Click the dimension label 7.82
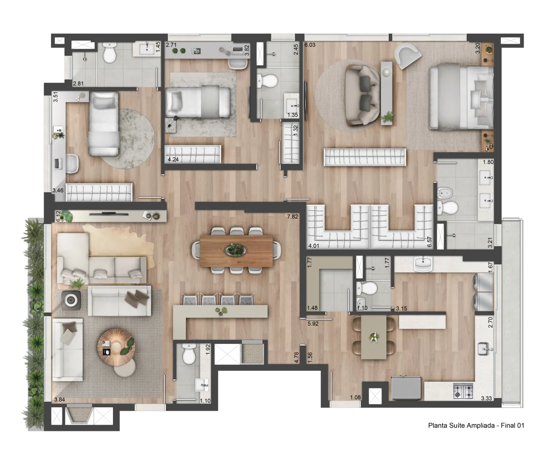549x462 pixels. [293, 217]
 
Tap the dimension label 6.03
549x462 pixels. [310, 45]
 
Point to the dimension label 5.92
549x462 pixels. [313, 324]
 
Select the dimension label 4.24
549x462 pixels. [173, 159]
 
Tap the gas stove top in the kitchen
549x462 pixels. [463, 391]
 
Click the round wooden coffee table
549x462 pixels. [116, 347]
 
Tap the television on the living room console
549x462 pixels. [109, 214]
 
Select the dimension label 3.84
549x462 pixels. [60, 399]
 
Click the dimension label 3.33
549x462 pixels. [486, 398]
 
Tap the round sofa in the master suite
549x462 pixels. [362, 95]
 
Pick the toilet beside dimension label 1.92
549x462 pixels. [189, 353]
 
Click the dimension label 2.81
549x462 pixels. [78, 83]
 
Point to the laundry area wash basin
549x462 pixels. [423, 264]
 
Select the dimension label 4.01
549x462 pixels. [313, 246]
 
